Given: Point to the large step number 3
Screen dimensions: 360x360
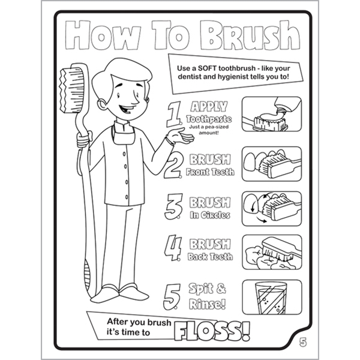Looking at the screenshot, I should pos(173,206).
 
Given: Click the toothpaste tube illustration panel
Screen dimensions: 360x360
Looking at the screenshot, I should pos(271,115).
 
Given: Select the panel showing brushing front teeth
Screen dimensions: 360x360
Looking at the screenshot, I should pos(271,163).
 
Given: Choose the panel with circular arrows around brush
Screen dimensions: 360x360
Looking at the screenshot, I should pos(271,208).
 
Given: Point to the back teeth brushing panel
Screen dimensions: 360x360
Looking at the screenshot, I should pos(271,253).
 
